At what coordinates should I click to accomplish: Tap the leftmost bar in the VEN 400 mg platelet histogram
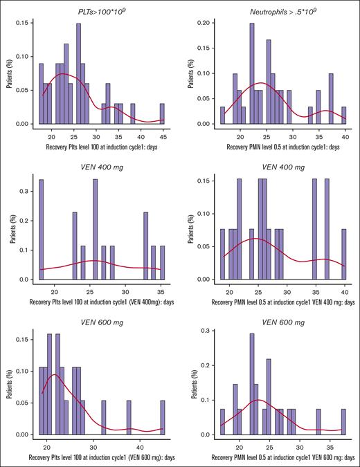coord(41,229)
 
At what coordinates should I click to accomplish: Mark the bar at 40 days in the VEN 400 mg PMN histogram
coord(344,253)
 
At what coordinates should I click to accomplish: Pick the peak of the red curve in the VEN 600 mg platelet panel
coord(55,375)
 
